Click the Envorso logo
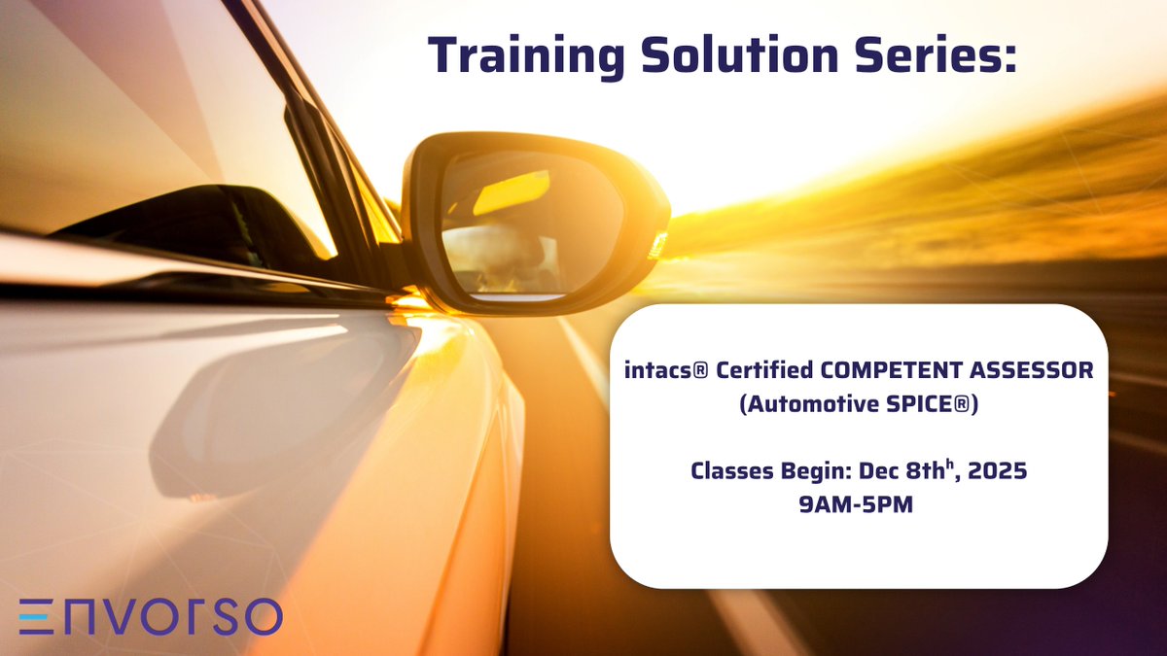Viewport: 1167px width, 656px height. point(151,617)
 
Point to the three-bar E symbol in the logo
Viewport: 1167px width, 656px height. point(36,617)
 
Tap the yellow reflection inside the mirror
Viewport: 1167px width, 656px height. point(511,191)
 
